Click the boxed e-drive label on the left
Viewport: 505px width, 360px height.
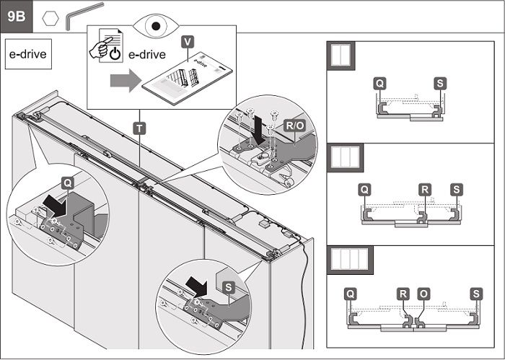29,55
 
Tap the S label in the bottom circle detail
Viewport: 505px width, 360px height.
229,287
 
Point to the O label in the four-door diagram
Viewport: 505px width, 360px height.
423,294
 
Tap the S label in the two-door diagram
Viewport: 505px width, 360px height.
440,84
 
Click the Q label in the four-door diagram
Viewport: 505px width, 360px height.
350,294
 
